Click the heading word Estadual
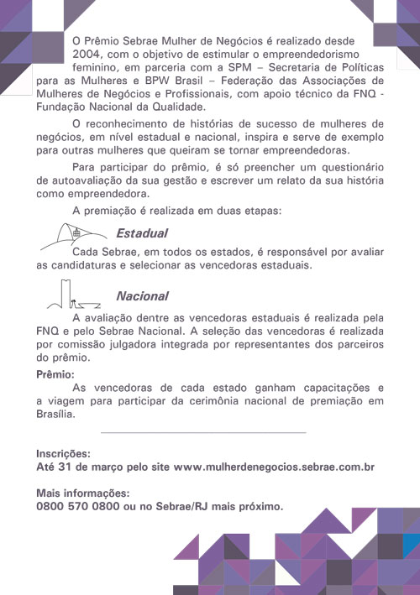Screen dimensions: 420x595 point(142,233)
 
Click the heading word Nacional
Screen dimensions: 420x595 point(142,296)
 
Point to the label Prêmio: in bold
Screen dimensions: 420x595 point(56,374)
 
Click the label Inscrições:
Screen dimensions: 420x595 point(63,452)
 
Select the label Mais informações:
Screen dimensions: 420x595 point(83,493)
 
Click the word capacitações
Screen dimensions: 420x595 point(326,388)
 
